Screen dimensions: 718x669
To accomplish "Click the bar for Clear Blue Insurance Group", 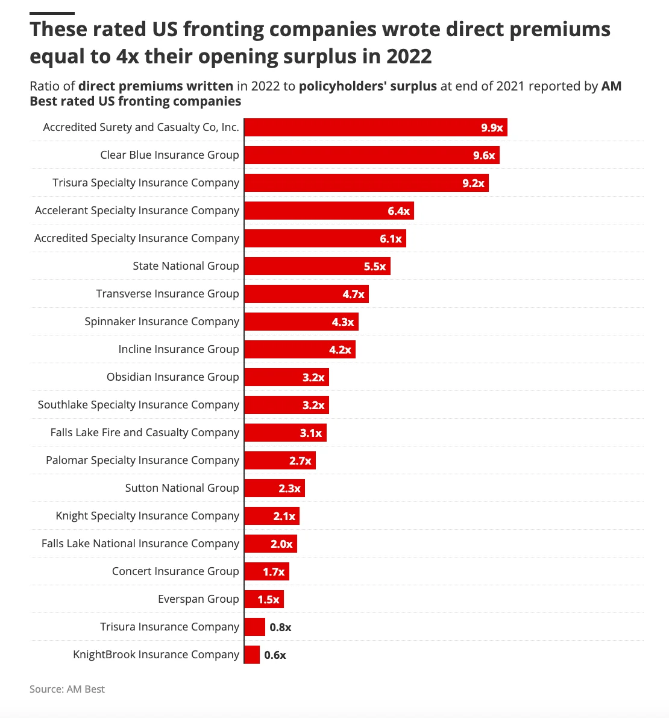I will [x=371, y=155].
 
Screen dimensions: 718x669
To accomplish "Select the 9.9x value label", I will [x=492, y=127].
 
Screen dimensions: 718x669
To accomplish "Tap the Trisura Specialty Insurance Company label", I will [x=146, y=183].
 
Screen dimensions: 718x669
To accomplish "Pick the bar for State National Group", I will [x=317, y=266].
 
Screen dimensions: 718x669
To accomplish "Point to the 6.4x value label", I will [x=398, y=211].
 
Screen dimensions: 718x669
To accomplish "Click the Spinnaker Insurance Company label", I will [x=162, y=322].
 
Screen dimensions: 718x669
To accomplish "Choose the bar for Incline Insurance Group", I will [x=300, y=349].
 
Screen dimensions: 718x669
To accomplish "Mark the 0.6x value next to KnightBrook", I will [x=275, y=655].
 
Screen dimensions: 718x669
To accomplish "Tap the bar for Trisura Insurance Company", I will [x=254, y=627].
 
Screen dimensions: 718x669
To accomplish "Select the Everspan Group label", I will [x=198, y=599].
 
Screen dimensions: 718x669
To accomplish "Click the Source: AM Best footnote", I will [x=67, y=689].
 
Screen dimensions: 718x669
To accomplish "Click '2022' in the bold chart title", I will [x=409, y=56].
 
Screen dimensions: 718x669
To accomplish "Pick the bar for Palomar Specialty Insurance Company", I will [x=280, y=460].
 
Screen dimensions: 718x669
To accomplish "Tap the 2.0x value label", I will [x=281, y=544].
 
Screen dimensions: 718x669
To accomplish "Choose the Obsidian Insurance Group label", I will [x=172, y=377].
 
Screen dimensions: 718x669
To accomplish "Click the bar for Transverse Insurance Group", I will [x=306, y=294].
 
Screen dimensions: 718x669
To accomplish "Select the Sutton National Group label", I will [x=182, y=488].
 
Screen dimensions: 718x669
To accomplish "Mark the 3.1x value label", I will [x=311, y=433].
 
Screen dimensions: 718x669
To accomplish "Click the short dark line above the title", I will [x=52, y=13].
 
